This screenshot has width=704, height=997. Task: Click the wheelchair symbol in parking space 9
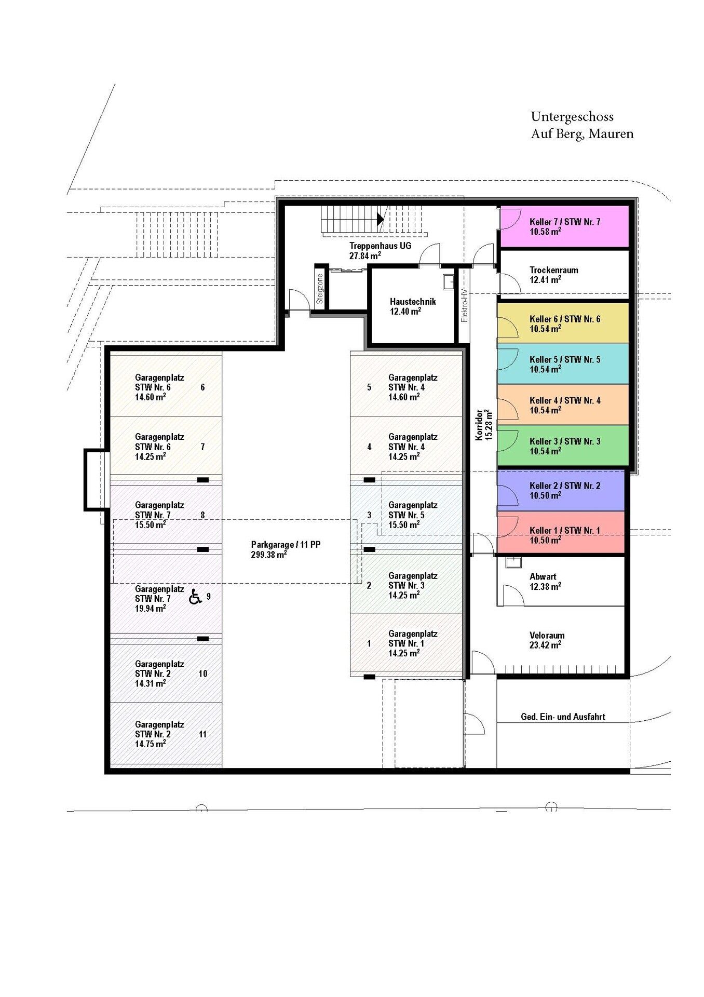(195, 597)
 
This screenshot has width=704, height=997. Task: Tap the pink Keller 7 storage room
(564, 226)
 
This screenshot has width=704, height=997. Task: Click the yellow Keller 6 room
(563, 323)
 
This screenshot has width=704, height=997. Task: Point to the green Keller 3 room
(563, 446)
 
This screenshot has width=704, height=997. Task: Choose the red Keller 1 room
(561, 533)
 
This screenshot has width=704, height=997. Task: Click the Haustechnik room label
(413, 306)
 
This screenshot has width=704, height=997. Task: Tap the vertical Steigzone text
(320, 289)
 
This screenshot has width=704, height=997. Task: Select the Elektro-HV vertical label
(464, 305)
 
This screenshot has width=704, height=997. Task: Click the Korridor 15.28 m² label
(483, 424)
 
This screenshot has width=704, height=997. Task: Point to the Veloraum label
(547, 640)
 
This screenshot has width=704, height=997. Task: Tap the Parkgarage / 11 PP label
(286, 549)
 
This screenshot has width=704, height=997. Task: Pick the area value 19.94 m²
(151, 609)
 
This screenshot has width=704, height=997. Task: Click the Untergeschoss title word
(572, 117)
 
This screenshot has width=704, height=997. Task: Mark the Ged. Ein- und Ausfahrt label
(563, 717)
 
